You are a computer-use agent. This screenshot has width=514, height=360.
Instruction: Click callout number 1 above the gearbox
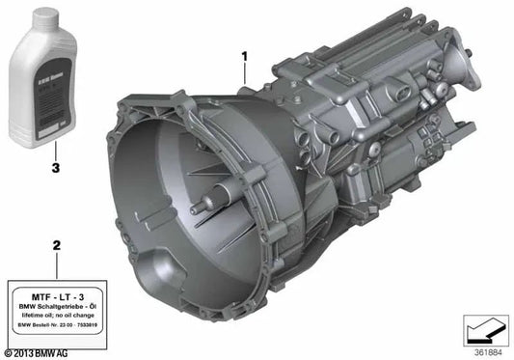point(245,56)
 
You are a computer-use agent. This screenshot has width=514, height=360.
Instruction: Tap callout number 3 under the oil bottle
point(55,167)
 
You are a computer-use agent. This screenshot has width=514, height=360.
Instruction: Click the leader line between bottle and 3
point(55,150)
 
